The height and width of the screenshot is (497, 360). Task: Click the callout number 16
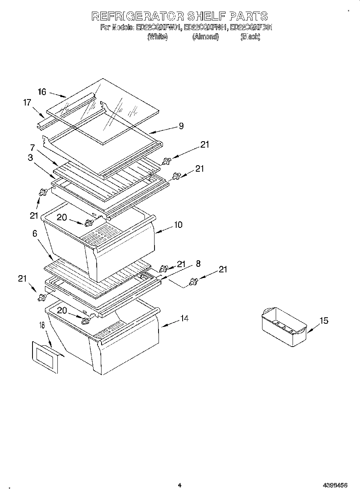pyautogui.click(x=42, y=92)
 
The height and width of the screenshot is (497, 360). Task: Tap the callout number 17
pyautogui.click(x=27, y=103)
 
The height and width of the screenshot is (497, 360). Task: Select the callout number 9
pyautogui.click(x=181, y=126)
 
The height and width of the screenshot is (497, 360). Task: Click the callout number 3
pyautogui.click(x=31, y=158)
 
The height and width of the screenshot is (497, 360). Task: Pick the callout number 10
pyautogui.click(x=178, y=225)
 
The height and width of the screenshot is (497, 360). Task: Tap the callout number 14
pyautogui.click(x=184, y=318)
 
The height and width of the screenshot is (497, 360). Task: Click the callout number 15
pyautogui.click(x=323, y=321)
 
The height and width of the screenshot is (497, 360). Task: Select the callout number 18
pyautogui.click(x=42, y=325)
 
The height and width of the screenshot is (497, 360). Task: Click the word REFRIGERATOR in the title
pyautogui.click(x=138, y=16)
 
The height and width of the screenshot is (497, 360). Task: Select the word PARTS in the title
pyautogui.click(x=248, y=16)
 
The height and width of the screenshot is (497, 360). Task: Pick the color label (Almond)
pyautogui.click(x=205, y=37)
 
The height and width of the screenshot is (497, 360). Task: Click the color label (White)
pyautogui.click(x=157, y=37)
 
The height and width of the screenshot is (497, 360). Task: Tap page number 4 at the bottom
pyautogui.click(x=179, y=485)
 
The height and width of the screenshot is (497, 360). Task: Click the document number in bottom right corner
pyautogui.click(x=335, y=485)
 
